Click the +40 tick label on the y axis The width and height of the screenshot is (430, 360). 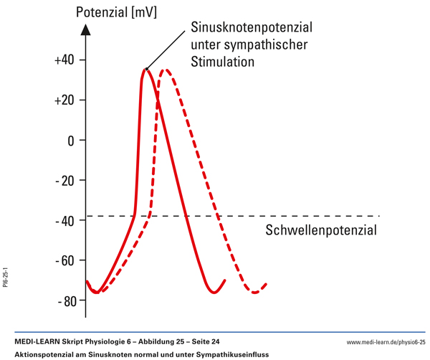[x=64, y=60]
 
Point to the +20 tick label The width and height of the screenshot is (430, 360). [x=64, y=100]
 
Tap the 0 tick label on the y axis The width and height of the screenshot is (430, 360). [x=71, y=141]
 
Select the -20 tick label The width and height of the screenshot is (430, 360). [x=65, y=181]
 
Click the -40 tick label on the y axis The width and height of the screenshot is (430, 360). [x=65, y=221]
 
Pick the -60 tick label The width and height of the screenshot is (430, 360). [x=65, y=261]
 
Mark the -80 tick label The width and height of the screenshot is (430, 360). [x=65, y=301]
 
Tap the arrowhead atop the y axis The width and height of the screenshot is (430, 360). [x=86, y=29]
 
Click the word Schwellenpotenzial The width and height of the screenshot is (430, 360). [x=320, y=231]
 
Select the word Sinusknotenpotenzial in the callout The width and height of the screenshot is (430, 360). [x=252, y=29]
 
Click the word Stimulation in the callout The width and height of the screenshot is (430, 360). [x=222, y=62]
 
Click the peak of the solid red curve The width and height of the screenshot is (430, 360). [x=145, y=69]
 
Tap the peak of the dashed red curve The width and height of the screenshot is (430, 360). [x=166, y=70]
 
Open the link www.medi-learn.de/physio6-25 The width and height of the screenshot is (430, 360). [x=386, y=344]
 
